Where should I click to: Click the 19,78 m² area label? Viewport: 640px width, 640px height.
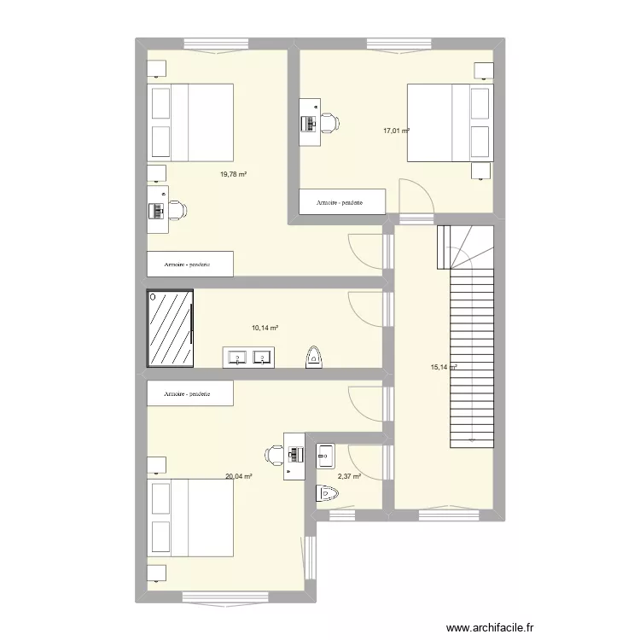(x=233, y=174)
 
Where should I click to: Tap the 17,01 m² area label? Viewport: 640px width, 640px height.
(x=396, y=131)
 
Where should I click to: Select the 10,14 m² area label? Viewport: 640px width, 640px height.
(x=265, y=327)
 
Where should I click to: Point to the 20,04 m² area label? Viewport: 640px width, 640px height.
(x=238, y=476)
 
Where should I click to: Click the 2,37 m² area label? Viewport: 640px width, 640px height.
(x=350, y=477)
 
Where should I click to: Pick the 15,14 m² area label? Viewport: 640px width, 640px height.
(x=444, y=368)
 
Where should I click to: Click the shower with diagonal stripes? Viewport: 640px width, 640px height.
(x=171, y=328)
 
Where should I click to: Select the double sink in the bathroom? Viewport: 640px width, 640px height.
(x=249, y=357)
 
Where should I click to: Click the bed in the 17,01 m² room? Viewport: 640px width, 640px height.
(x=450, y=122)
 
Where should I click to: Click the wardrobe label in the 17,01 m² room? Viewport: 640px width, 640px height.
(x=340, y=203)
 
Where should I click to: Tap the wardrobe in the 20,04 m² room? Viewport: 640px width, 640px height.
(x=189, y=393)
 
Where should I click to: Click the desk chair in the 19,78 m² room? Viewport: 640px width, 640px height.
(x=177, y=207)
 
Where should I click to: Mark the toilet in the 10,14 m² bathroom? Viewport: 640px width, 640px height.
(x=314, y=357)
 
